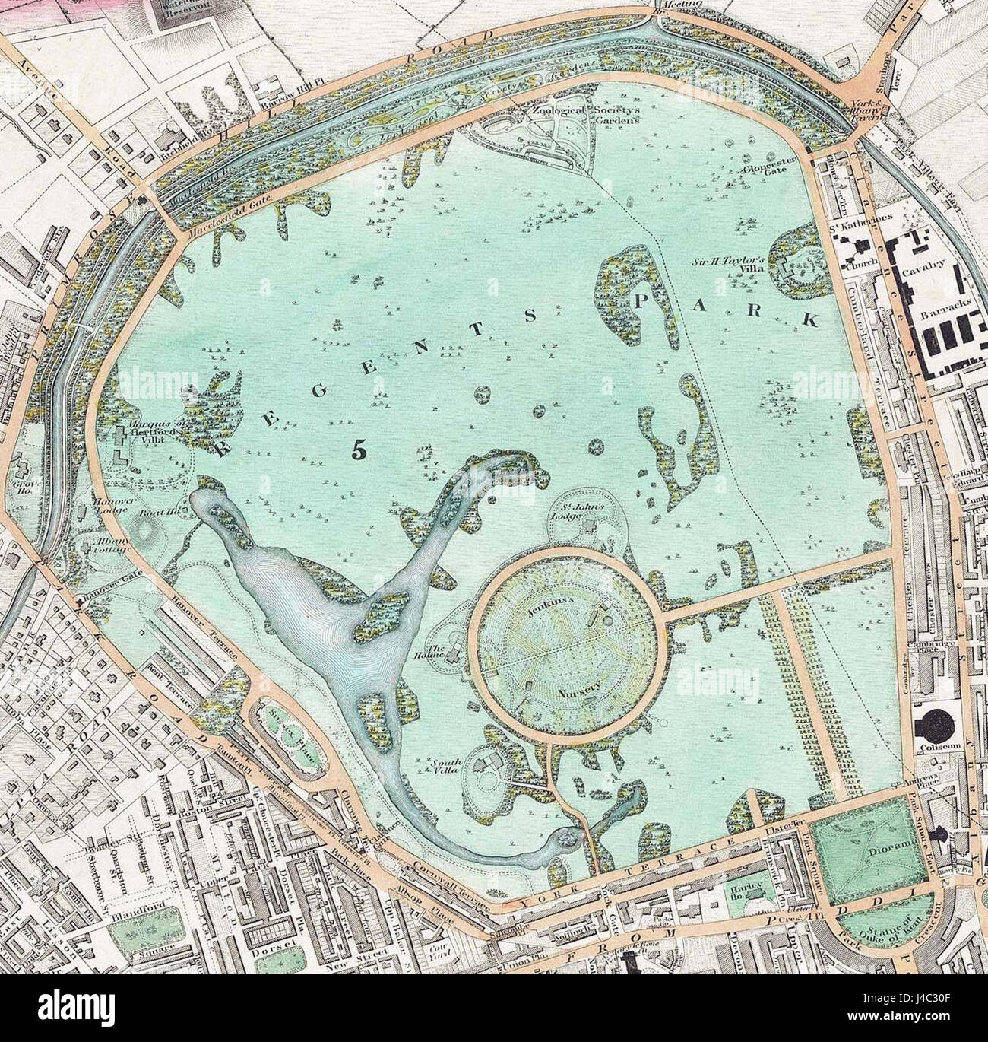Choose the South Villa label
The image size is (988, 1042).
pyautogui.click(x=447, y=766)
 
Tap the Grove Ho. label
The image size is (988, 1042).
pyautogui.click(x=23, y=484)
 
